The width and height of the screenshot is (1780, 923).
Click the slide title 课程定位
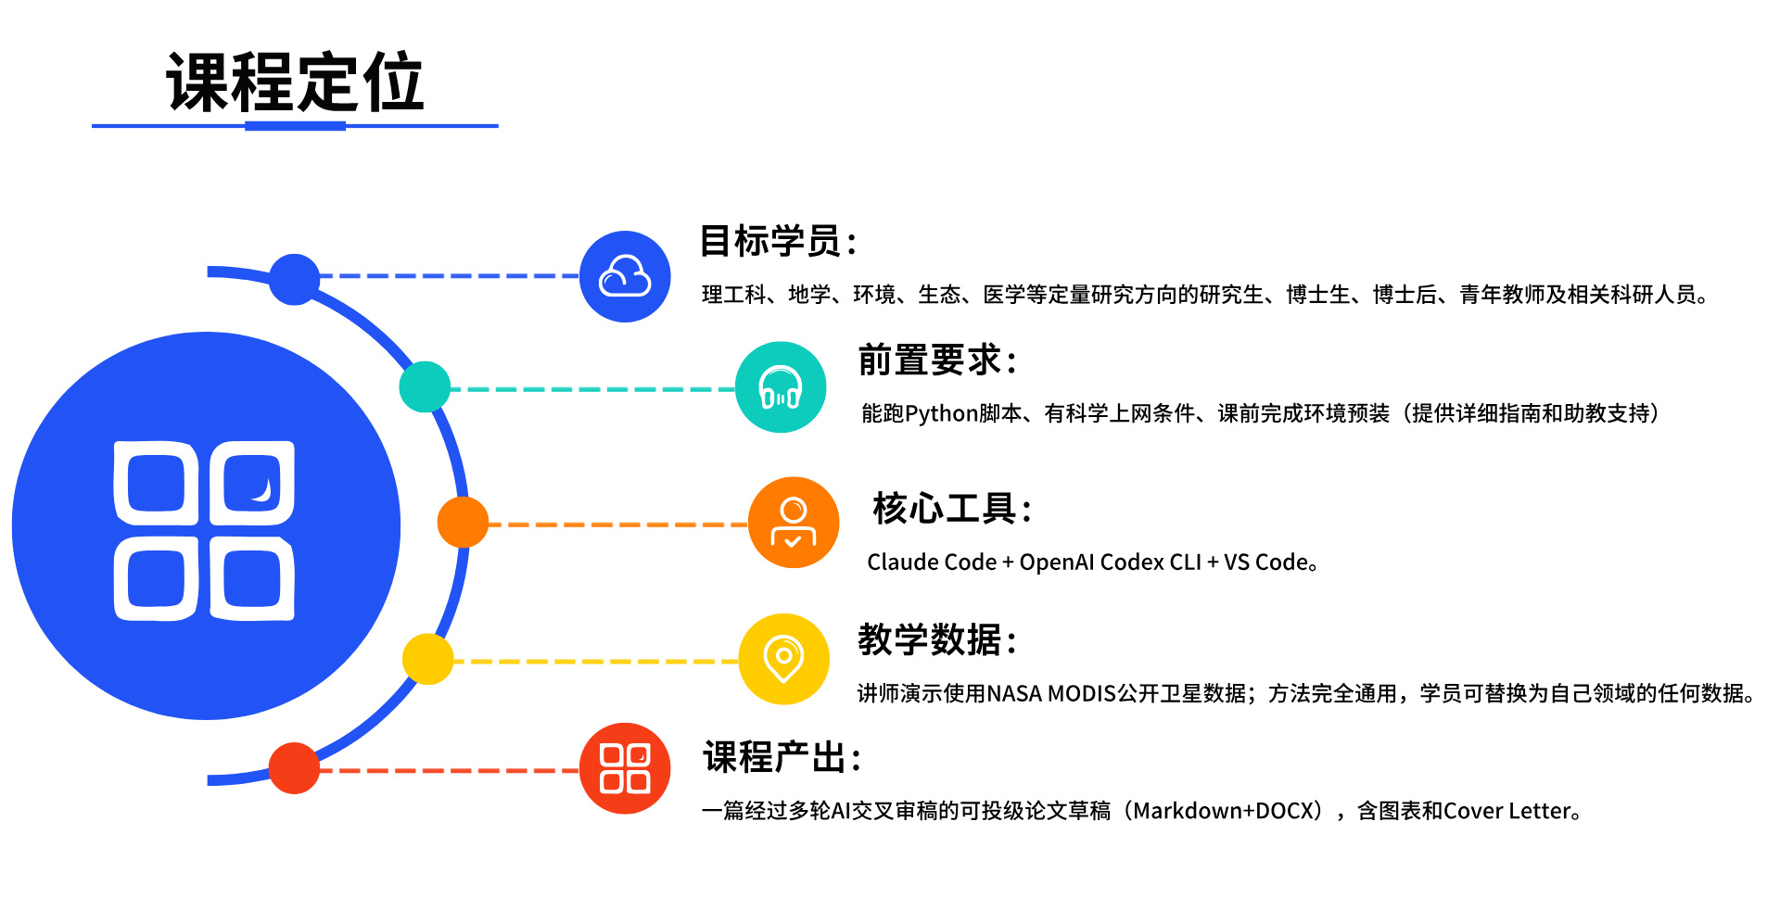coord(295,82)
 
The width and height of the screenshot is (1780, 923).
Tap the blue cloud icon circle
coord(625,276)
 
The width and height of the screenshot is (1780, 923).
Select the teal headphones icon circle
coord(781,387)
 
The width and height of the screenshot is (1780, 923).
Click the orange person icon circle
coord(794,523)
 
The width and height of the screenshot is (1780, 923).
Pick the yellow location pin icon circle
coord(784,659)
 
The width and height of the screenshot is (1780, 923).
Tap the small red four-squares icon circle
coord(625,768)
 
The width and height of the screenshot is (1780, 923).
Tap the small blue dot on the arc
coord(294,279)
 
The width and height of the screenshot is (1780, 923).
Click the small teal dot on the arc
coord(425,387)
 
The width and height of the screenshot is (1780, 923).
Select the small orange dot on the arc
coord(463,522)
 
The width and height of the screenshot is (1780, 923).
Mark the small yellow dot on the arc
coord(427,659)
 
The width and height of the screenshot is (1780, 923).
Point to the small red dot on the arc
coord(294,768)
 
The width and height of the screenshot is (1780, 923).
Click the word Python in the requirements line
coord(941,413)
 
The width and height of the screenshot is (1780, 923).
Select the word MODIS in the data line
coord(1081,693)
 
